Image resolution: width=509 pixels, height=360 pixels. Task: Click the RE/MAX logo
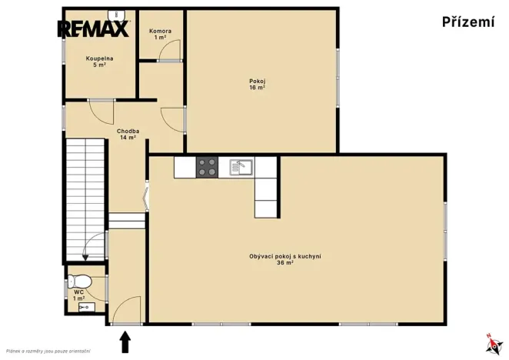94,28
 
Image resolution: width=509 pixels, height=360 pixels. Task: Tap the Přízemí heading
468,22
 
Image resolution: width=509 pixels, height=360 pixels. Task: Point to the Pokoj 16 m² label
257,84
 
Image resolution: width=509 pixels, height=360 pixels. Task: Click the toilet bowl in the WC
79,281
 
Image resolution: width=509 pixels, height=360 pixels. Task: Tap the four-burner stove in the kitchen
207,168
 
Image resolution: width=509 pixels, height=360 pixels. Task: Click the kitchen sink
241,168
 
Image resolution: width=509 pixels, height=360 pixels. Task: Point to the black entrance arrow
125,342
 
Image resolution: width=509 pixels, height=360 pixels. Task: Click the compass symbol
494,344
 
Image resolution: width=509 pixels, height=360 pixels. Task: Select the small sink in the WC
87,307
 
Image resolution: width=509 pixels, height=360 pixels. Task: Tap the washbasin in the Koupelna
116,15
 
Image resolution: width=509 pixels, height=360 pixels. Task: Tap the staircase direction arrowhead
85,257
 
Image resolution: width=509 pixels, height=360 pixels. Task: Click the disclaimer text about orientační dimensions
48,352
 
